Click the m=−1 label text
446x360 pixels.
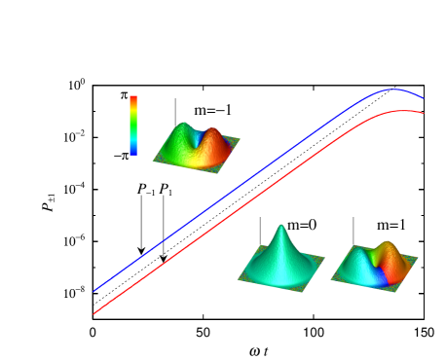click(x=212, y=110)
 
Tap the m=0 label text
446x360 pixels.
click(x=301, y=226)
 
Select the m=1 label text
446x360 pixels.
click(x=391, y=226)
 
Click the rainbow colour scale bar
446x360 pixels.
click(x=133, y=126)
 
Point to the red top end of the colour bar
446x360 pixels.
click(x=133, y=98)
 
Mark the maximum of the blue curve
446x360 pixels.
click(x=394, y=90)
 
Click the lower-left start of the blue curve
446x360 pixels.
click(x=94, y=290)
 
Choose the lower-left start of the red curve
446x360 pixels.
click(x=93, y=313)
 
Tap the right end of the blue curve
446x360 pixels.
click(x=424, y=98)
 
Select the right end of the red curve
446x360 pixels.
click(x=424, y=113)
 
